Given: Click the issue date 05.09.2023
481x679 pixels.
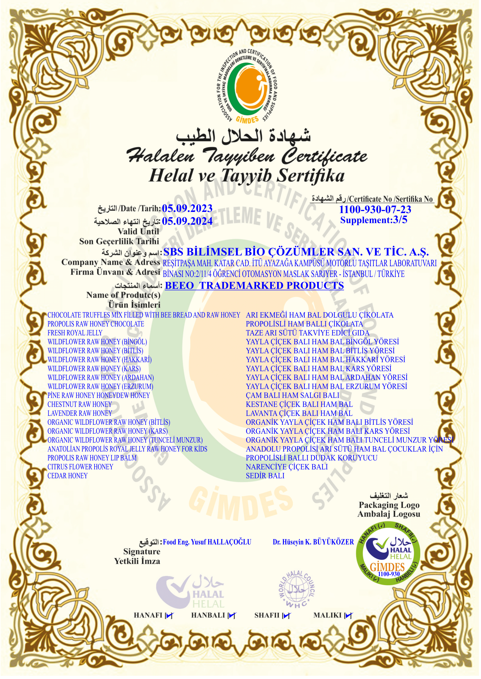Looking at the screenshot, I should point(187,208).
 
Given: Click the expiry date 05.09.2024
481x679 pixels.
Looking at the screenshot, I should point(187,221).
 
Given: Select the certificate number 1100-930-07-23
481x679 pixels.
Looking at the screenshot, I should point(375,209).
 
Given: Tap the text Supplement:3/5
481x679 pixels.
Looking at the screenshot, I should point(374,220).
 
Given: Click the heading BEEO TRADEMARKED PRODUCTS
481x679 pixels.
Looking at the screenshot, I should point(254,285).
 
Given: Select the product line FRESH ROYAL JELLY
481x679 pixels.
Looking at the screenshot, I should point(75,333).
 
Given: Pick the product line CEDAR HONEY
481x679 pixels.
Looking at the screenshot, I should point(67,476).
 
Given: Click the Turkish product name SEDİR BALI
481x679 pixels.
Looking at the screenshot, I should point(265,476).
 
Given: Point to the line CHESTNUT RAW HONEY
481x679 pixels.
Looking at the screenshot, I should point(80,404).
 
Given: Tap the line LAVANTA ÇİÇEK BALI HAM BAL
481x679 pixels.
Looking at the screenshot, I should point(299,413).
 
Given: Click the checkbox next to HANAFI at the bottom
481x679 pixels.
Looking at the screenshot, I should point(169,616).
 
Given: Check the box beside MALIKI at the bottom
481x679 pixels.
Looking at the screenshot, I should point(349,616).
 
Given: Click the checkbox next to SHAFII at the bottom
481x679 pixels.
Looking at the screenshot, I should point(286,616).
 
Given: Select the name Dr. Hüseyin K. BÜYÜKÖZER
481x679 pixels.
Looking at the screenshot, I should point(313,542).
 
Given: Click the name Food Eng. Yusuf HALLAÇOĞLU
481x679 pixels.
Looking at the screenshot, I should point(207,542).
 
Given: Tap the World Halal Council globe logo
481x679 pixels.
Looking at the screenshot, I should point(297,588).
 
